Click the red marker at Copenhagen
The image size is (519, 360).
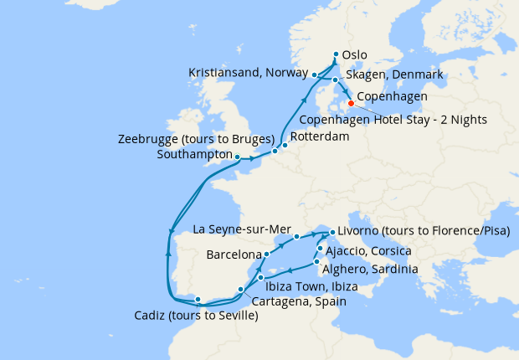pos(350,105)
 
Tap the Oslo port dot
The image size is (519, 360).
pos(336,57)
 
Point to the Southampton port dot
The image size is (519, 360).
pos(238,157)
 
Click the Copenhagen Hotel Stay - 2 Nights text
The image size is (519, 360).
pos(420,120)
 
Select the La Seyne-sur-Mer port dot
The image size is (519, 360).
pos(297,237)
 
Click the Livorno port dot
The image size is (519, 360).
pos(332,233)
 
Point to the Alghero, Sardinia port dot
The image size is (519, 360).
pos(316,263)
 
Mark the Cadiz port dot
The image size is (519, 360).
pos(197,299)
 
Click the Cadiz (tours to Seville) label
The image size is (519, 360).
pos(196,316)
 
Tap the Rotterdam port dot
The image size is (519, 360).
pos(285,145)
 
